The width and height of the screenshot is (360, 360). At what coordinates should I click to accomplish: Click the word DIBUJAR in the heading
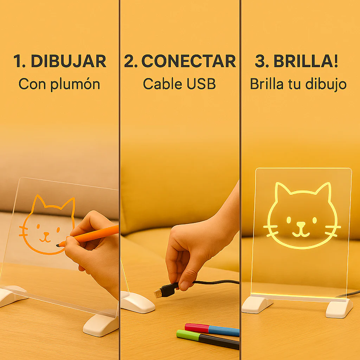(x=69, y=61)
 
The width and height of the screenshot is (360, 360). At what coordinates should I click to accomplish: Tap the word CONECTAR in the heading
(x=189, y=61)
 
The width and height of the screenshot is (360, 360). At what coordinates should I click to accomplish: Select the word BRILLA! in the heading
(x=306, y=61)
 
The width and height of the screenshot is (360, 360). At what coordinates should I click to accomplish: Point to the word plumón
(x=75, y=84)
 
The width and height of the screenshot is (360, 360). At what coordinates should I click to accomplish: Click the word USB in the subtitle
(x=201, y=84)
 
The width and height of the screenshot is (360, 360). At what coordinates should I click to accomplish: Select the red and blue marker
(x=212, y=329)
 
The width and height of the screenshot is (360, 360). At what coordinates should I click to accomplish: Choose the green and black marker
(x=208, y=339)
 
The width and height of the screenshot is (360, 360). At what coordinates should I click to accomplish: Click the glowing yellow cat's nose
(x=301, y=224)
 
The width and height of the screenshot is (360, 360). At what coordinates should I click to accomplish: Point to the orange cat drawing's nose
(x=46, y=234)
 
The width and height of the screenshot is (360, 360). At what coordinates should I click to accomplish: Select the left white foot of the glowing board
(x=257, y=304)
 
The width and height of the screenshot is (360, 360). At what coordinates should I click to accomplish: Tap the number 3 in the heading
(x=261, y=61)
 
